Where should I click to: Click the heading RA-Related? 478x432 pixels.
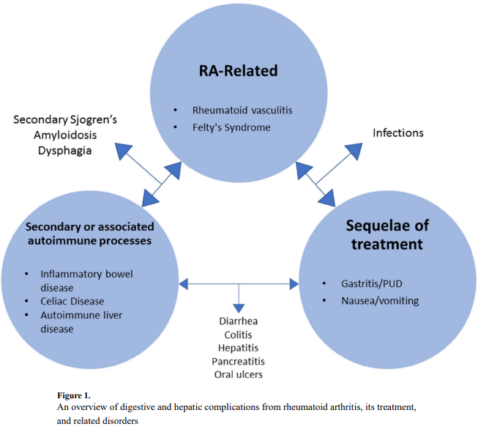coord(239,71)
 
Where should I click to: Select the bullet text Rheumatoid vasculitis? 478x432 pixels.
coord(242,111)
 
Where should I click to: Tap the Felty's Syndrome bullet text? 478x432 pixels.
coord(231,127)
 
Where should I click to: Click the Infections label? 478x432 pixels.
coord(397,133)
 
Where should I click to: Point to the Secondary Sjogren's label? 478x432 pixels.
coord(64,119)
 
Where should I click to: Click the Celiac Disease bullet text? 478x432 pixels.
coord(72,302)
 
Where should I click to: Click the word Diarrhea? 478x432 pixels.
coord(238,321)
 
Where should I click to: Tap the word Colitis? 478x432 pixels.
coord(238,335)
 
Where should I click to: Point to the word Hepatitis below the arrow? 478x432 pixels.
coord(238,349)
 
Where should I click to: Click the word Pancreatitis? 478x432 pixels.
coord(238,362)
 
